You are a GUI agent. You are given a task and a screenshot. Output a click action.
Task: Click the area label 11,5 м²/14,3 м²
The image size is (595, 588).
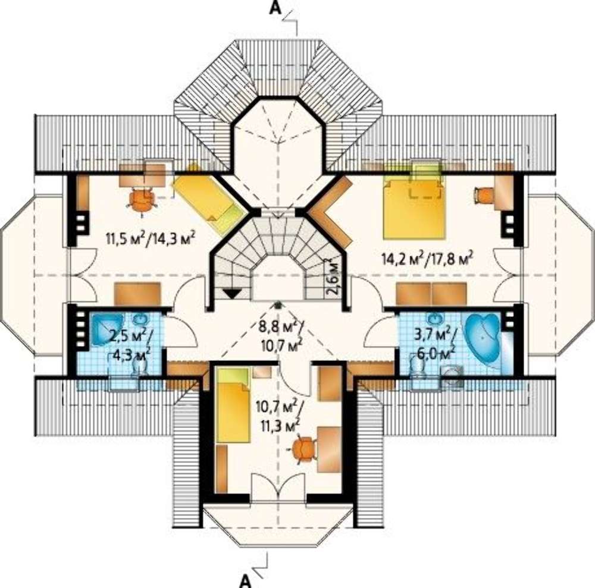click(151, 239)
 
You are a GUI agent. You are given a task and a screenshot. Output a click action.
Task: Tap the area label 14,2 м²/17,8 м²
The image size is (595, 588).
click(428, 259)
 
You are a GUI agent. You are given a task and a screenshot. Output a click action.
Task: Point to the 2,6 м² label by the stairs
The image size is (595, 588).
click(333, 276)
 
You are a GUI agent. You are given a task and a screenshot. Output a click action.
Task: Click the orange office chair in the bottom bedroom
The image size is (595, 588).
click(303, 450)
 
